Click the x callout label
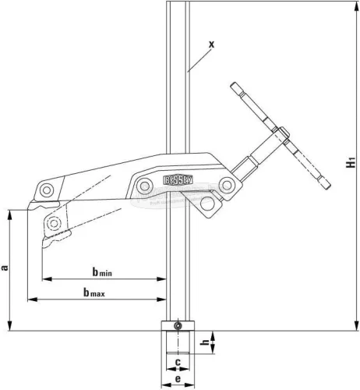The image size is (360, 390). point(211,44)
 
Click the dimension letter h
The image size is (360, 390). point(203,342)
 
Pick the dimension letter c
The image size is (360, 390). point(178,363)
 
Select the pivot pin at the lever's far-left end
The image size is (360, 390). point(47,190)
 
